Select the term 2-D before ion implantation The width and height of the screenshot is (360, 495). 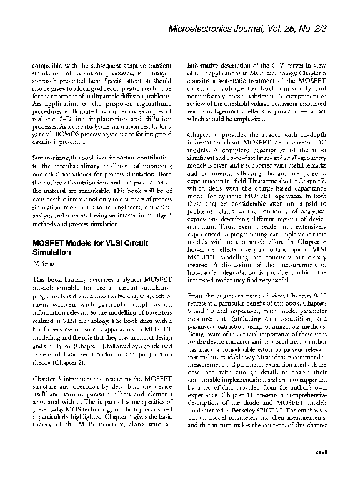pyautogui.click(x=62, y=125)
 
